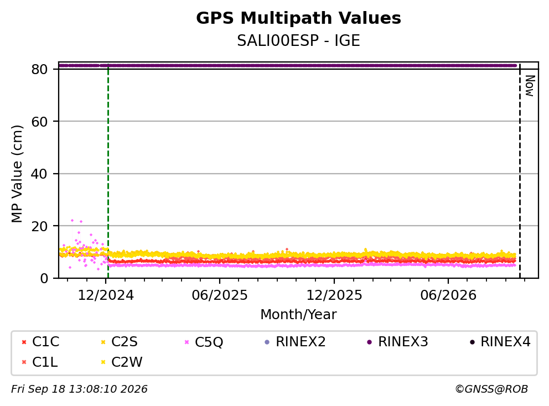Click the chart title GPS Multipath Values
tap(298, 18)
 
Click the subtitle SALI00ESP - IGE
tap(298, 41)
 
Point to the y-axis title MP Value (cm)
tap(17, 174)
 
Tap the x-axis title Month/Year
tap(298, 314)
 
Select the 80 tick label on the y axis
tap(39, 69)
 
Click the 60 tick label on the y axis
tap(39, 122)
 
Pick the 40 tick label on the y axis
tap(39, 174)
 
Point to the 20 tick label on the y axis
tap(39, 226)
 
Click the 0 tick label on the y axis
tap(44, 278)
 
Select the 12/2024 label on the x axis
tap(106, 295)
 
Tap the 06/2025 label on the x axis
tap(220, 295)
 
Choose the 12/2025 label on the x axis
tap(334, 295)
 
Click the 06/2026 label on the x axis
tap(448, 295)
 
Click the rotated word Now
tap(530, 86)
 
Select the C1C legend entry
tap(40, 342)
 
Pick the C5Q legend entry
tap(204, 342)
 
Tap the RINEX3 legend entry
tap(397, 342)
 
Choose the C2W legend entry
tap(122, 362)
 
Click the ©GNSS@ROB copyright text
tap(491, 389)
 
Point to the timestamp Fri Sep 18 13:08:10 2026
tap(80, 389)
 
